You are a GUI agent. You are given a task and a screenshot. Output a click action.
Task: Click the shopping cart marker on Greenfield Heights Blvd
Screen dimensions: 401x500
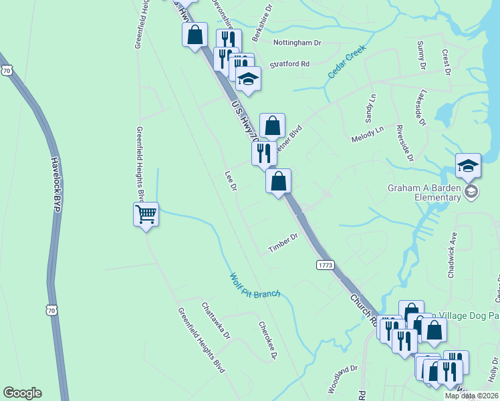(146, 215)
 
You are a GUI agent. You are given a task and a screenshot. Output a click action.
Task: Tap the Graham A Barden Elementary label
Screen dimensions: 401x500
(425, 192)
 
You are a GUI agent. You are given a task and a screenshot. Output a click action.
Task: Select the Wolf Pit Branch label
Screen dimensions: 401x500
(255, 285)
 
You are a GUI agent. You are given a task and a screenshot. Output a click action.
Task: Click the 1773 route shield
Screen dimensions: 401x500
(325, 265)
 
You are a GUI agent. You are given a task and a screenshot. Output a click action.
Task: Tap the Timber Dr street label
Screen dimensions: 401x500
(283, 243)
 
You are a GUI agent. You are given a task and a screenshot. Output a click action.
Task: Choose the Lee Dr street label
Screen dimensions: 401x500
(231, 180)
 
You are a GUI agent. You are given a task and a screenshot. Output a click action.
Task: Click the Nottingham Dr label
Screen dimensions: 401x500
(298, 42)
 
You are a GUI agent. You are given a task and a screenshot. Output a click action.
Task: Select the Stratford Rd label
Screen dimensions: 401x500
(289, 64)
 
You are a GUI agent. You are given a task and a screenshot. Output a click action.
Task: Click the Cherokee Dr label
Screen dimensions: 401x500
(267, 340)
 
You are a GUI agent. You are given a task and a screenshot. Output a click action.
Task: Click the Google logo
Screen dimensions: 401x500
(22, 393)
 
